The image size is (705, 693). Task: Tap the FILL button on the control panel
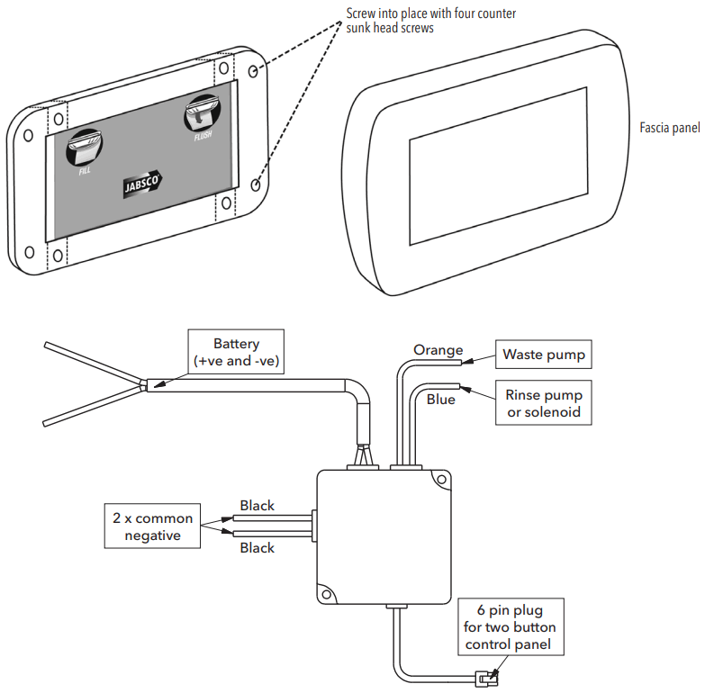85,148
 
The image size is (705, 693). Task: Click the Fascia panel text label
670,128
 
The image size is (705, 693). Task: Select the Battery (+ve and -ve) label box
236,351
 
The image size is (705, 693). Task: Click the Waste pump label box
544,354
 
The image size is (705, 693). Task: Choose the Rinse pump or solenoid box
544,402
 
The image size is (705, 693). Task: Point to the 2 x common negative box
152,526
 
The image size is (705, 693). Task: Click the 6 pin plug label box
511,626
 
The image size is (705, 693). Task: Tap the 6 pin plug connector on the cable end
486,679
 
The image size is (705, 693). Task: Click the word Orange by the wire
438,349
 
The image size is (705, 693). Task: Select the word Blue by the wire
440,399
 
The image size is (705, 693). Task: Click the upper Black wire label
257,505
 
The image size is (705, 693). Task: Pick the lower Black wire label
257,547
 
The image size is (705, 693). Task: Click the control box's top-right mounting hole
441,480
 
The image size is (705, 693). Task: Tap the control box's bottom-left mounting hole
327,595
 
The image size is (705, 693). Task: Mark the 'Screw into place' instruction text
430,21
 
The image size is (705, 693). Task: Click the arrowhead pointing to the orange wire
467,361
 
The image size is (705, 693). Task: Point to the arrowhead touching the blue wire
465,389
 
